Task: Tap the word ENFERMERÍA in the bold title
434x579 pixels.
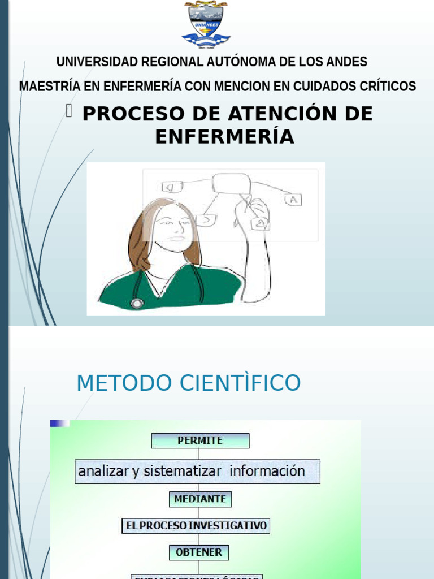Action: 224,136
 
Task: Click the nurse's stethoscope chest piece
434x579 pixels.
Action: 136,303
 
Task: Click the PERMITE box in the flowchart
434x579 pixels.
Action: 200,440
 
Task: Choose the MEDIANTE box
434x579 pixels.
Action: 200,499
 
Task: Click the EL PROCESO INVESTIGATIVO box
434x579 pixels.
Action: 196,526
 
